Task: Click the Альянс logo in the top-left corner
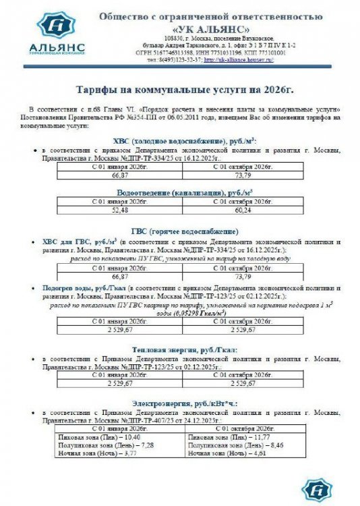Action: coord(57,32)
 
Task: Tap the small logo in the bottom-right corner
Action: coord(315,488)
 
